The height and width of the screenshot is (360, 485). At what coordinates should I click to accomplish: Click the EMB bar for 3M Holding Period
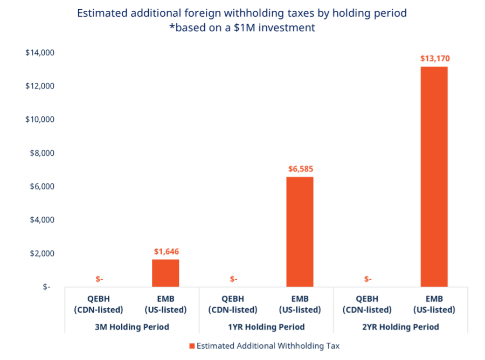tap(165, 273)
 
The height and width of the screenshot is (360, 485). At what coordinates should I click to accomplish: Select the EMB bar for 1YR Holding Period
tap(300, 232)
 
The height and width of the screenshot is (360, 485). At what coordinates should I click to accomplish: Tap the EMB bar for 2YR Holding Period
tap(434, 176)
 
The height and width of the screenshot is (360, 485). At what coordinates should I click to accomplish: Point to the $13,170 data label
tap(434, 58)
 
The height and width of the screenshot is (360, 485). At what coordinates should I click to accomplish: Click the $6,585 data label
tap(300, 169)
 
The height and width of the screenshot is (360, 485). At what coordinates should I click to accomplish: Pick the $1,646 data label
tap(166, 251)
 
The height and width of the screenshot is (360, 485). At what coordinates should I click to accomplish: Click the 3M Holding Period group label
tap(132, 327)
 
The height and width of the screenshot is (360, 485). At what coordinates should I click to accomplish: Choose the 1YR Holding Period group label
tap(266, 327)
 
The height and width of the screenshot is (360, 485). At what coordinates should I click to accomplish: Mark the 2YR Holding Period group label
tap(400, 327)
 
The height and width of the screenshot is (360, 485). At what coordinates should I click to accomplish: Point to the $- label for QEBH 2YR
tap(368, 279)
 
